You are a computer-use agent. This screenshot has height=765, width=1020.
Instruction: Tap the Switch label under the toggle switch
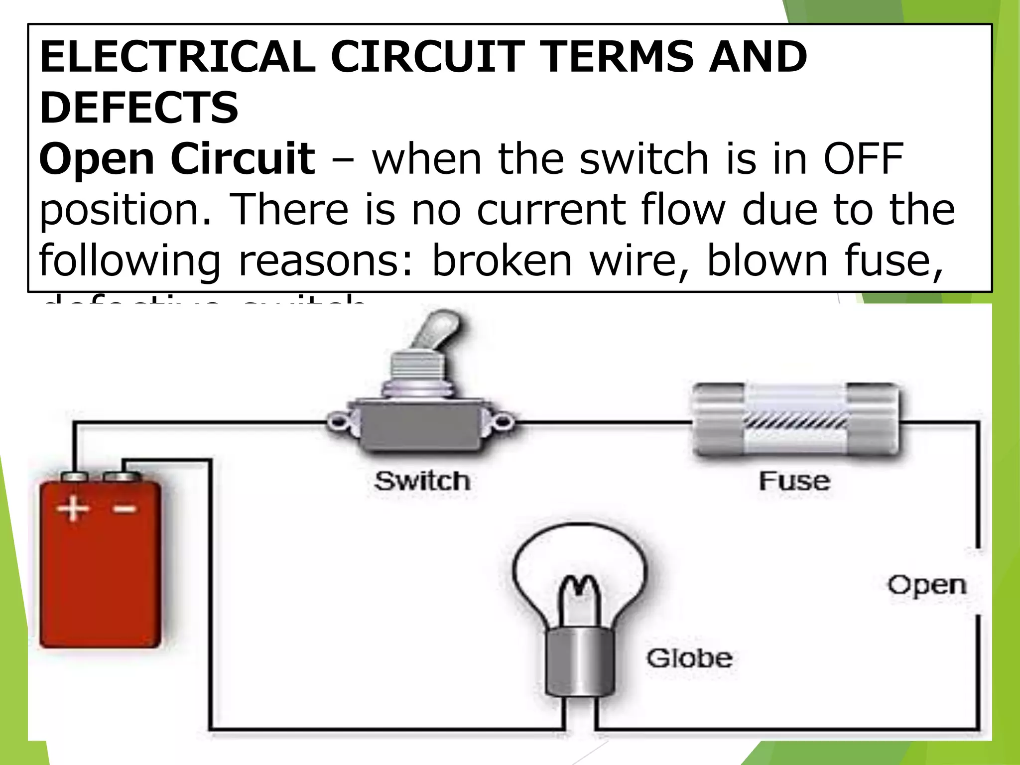[x=422, y=481]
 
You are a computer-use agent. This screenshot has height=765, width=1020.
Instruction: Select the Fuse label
[x=794, y=481]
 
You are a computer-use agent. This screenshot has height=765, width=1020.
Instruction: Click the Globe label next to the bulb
[x=689, y=658]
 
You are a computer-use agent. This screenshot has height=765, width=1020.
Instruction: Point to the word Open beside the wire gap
[x=927, y=586]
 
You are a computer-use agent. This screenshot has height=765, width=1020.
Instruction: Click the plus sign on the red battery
[x=73, y=509]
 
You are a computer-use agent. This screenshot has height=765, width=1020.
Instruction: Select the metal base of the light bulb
[x=580, y=662]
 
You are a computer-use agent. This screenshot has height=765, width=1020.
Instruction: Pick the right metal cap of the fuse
[x=874, y=419]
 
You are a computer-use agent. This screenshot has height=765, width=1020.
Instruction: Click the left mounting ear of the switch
[x=339, y=421]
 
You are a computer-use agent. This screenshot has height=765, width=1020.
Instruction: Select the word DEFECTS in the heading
[x=139, y=108]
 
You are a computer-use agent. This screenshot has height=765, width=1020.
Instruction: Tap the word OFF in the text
[x=863, y=159]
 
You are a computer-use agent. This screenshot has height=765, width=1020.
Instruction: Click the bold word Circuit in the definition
[x=243, y=159]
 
